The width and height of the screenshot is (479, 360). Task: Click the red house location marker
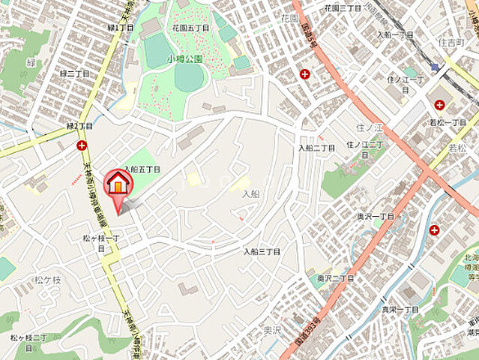[x=117, y=185]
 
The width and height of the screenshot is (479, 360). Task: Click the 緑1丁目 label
[x=121, y=27]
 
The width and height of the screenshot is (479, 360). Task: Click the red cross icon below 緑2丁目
[x=81, y=145]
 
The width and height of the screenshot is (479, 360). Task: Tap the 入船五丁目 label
[x=142, y=170]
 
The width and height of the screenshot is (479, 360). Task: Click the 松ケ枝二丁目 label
[x=29, y=337]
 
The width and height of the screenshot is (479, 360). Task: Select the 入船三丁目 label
[x=262, y=252]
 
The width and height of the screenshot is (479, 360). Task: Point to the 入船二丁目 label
[x=316, y=148]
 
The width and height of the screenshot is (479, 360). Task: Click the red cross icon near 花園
[x=304, y=73]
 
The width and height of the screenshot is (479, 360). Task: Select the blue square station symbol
[x=436, y=67]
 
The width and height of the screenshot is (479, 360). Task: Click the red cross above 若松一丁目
[x=439, y=104]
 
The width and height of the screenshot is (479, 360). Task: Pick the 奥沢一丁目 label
[x=376, y=215]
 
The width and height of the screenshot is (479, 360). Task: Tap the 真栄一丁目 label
[x=400, y=310]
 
